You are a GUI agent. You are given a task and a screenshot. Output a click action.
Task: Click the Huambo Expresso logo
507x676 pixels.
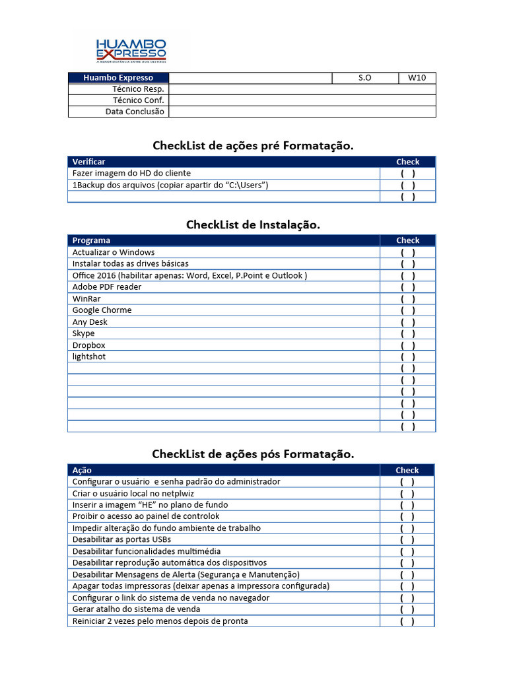coord(131,50)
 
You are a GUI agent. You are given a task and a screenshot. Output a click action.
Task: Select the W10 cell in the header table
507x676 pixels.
coord(417,78)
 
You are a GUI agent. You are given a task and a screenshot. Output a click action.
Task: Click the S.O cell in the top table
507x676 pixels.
coord(364,78)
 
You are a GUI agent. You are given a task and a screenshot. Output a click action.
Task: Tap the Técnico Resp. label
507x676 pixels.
coord(138,89)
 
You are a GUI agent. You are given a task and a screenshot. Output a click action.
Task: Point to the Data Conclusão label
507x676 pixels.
coord(135,112)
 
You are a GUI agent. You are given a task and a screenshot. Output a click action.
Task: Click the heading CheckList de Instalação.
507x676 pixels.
coord(253,225)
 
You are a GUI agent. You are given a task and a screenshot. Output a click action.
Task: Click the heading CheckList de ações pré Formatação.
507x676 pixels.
coord(253,146)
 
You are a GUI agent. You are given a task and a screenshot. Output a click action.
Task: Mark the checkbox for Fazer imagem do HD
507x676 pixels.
coord(407,174)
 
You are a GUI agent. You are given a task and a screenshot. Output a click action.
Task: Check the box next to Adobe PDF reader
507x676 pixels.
coord(407,287)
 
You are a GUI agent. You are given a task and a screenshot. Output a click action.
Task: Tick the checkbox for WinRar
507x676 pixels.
coord(407,299)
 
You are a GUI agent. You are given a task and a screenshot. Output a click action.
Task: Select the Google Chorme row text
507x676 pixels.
coord(102,310)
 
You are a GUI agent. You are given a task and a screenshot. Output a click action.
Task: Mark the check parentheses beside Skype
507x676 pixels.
coord(407,334)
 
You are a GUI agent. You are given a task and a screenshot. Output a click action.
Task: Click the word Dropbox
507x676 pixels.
coord(88,345)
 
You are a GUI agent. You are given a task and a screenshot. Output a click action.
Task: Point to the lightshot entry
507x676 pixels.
coord(88,357)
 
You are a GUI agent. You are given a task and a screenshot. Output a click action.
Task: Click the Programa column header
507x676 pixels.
coord(91,240)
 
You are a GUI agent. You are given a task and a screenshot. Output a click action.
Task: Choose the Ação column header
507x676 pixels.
coord(82,470)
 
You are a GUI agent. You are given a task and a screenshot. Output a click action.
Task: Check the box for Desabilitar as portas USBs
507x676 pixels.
coord(407,540)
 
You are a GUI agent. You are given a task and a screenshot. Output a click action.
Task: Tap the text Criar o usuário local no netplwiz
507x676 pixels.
coord(133,493)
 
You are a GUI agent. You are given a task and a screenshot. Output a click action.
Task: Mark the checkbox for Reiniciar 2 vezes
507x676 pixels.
coord(407,621)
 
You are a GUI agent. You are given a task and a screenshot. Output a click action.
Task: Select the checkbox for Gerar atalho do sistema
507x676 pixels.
coord(407,609)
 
